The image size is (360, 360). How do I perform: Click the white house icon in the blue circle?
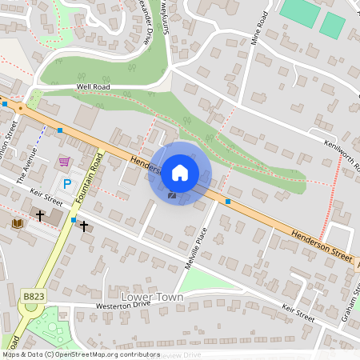[180, 172]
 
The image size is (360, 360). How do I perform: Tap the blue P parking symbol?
[67, 183]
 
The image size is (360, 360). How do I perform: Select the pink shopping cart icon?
[63, 162]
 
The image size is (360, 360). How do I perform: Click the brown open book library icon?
[18, 223]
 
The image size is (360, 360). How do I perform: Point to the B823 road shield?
[33, 296]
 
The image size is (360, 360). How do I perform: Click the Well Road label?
[93, 86]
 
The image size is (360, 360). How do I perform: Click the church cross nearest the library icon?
[39, 215]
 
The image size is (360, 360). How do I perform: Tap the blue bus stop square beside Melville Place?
[228, 202]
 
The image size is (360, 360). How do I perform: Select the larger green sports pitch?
[299, 12]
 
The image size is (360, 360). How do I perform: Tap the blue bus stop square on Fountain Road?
[74, 219]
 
